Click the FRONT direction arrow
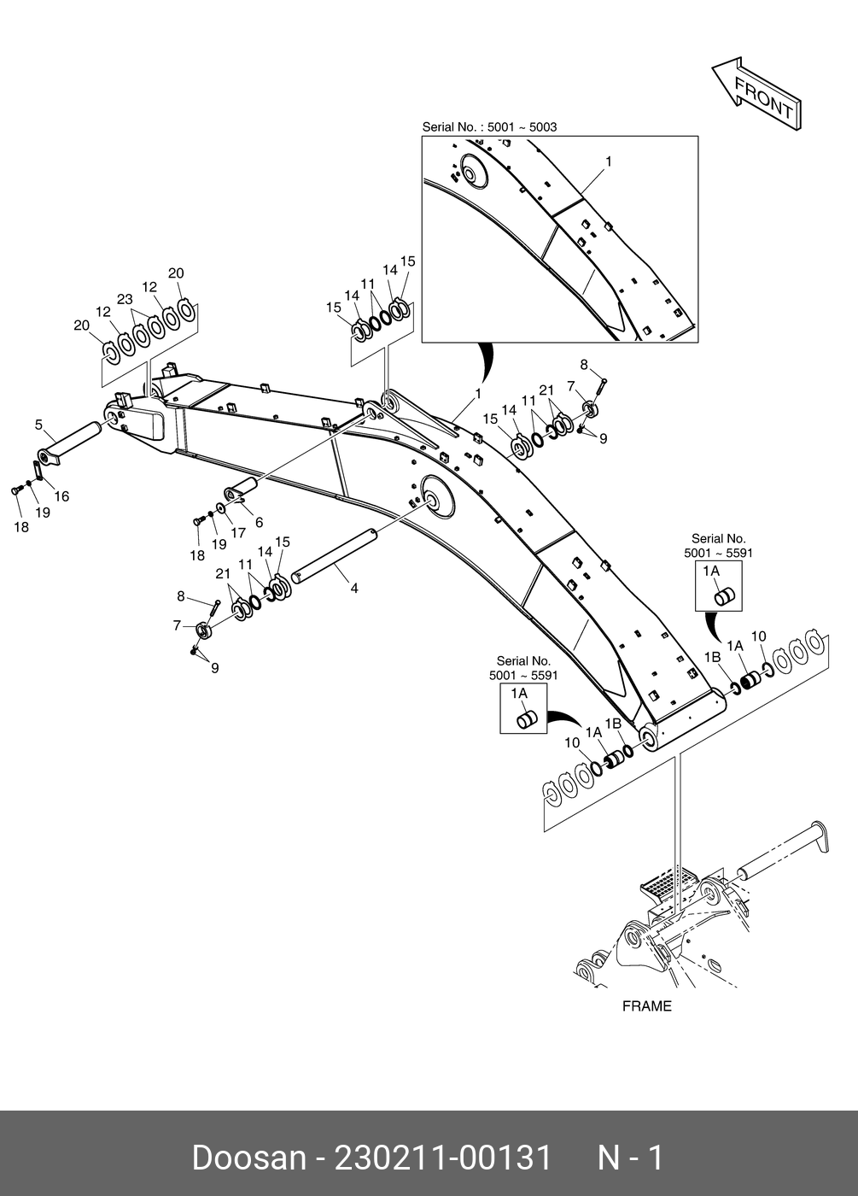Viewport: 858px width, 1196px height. pyautogui.click(x=756, y=94)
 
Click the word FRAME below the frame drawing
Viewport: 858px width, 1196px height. pyautogui.click(x=646, y=1005)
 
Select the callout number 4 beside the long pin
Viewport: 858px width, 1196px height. pyautogui.click(x=353, y=588)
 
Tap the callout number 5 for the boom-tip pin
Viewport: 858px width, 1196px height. pyautogui.click(x=38, y=424)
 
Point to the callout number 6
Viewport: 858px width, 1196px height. pyautogui.click(x=259, y=522)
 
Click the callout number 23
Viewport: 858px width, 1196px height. pyautogui.click(x=125, y=299)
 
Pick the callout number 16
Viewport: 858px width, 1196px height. pyautogui.click(x=61, y=495)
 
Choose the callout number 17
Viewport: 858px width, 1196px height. pyautogui.click(x=238, y=532)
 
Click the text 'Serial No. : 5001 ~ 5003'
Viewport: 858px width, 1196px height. pyautogui.click(x=489, y=126)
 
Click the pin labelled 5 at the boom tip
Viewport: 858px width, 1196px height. pyautogui.click(x=73, y=438)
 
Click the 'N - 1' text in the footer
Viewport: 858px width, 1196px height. pyautogui.click(x=629, y=1158)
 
